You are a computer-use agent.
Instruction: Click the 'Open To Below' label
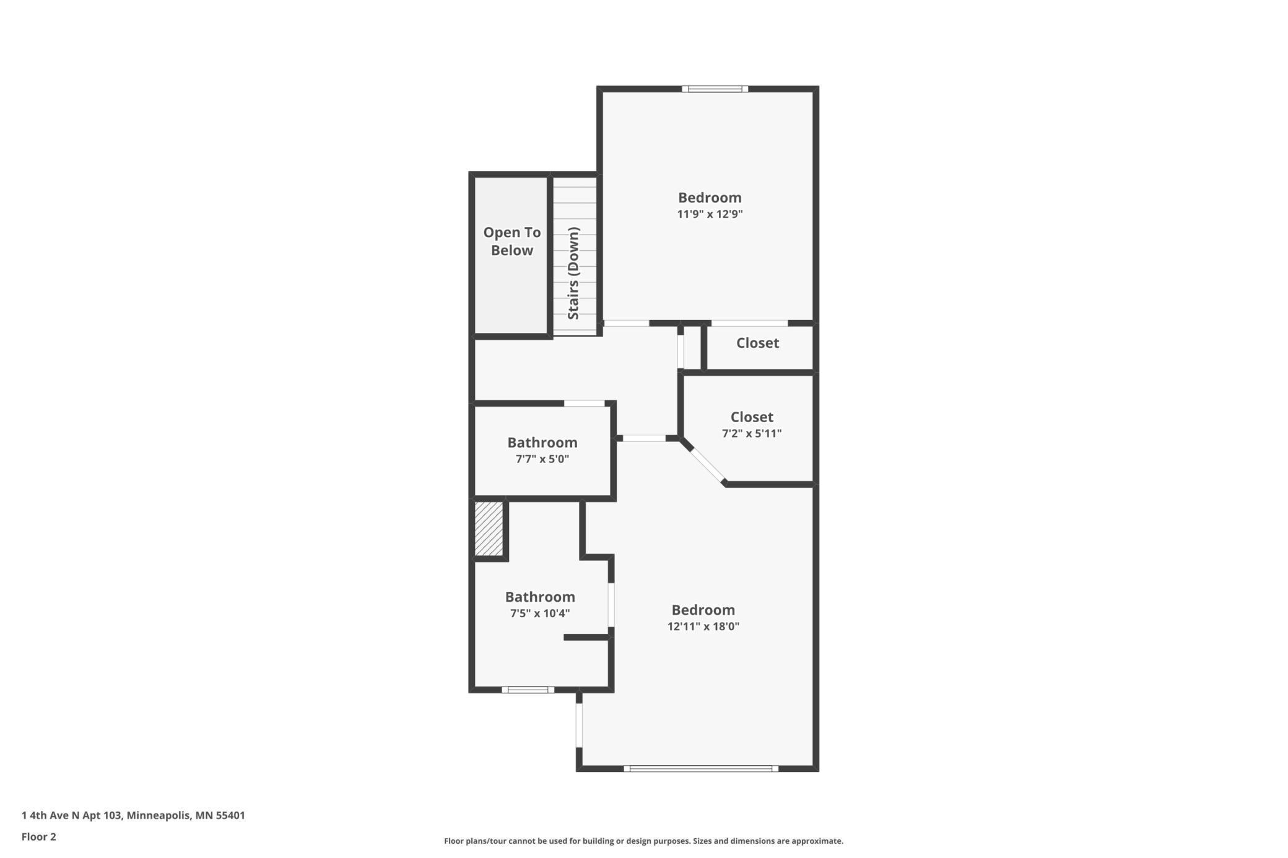511,241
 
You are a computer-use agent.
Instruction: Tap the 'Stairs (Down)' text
573,273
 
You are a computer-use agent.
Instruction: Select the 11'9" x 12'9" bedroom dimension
710,214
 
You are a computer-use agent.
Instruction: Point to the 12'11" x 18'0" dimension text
703,626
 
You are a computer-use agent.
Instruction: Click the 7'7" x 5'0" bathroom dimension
542,459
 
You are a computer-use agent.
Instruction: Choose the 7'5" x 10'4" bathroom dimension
539,613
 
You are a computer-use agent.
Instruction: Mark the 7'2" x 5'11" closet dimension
751,433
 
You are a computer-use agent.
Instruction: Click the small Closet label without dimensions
757,343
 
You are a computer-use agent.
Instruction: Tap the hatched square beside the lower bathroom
489,529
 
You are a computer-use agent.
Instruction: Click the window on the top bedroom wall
715,89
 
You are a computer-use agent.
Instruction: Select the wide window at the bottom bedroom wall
700,769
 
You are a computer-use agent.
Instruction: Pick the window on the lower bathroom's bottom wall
528,690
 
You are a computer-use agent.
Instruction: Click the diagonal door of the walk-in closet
708,464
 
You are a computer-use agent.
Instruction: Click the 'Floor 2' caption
39,837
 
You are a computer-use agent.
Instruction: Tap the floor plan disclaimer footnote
643,841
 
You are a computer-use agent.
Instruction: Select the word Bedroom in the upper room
710,198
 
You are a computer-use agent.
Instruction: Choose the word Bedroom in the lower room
703,610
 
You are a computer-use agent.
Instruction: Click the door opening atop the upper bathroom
584,404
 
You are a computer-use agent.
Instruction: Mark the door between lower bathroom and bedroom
611,605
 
